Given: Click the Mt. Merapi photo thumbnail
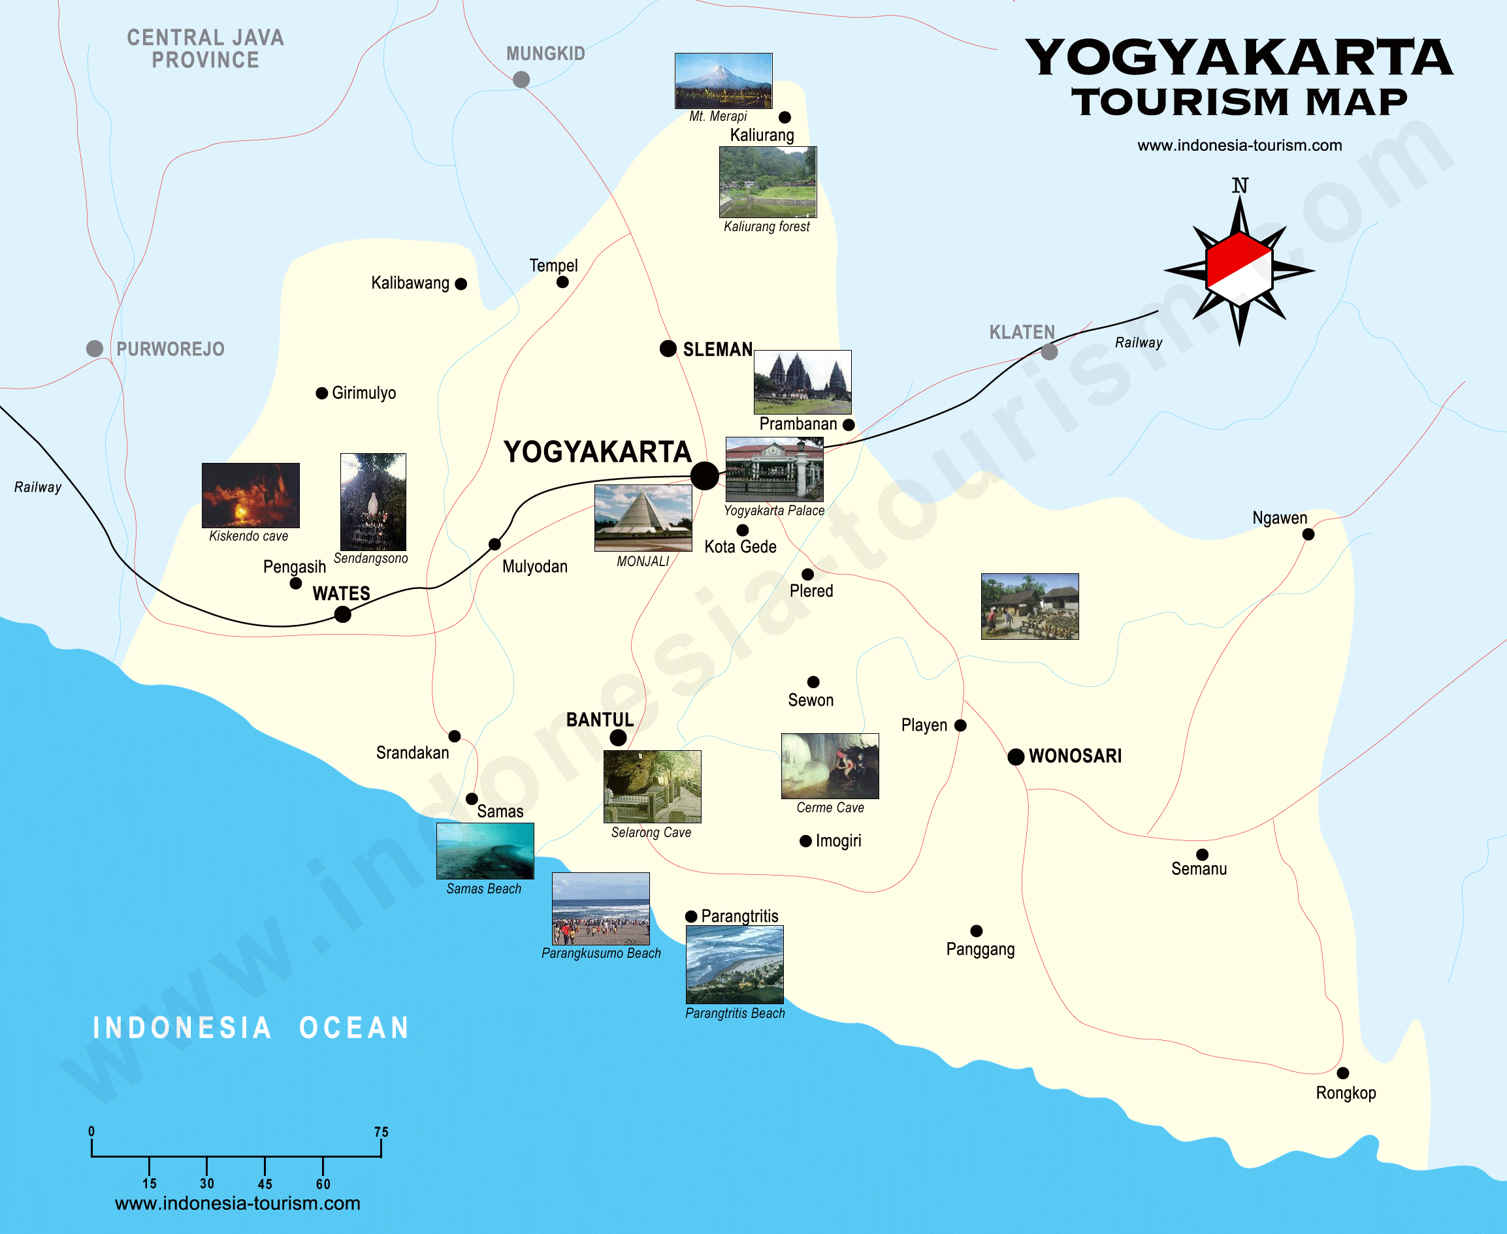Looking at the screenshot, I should (x=723, y=80).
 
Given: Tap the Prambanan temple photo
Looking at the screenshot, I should (x=802, y=382).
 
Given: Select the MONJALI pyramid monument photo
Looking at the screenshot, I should (x=643, y=518).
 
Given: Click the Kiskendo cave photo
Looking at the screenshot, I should (x=250, y=495).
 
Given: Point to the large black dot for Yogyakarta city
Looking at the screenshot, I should (x=704, y=475).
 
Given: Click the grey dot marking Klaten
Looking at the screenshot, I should (x=1049, y=351).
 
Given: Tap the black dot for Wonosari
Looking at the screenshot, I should (x=1016, y=756).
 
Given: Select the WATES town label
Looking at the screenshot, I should (x=342, y=593).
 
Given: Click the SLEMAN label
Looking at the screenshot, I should (x=718, y=350).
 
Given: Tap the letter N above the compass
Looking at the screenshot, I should (x=1240, y=185).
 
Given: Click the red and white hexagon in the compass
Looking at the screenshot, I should (x=1239, y=270).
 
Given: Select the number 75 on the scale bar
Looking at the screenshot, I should (x=381, y=1131).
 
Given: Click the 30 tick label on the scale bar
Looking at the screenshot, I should (x=206, y=1184).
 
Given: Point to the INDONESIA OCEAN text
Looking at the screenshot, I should (x=251, y=1028).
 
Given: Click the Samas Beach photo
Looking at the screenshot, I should (x=484, y=851).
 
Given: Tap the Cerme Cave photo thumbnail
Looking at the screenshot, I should (x=829, y=766).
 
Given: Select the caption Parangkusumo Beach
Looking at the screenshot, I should (x=601, y=953).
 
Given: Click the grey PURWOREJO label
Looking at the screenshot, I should (x=170, y=349).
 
